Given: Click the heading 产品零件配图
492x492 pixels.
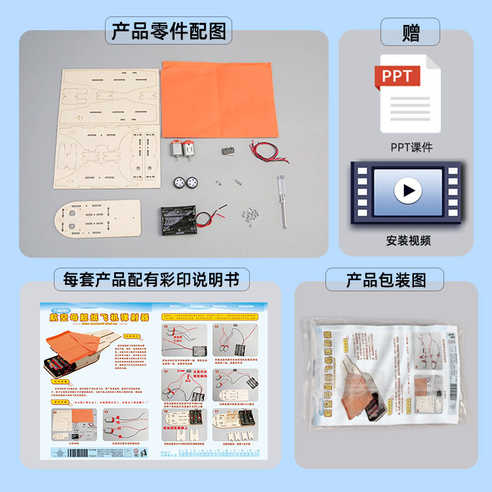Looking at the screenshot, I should point(169,31).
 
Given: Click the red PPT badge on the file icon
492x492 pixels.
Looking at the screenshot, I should point(396,76).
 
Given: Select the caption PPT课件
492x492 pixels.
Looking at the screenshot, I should point(411,147).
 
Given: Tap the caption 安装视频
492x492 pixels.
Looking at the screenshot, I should point(409,240).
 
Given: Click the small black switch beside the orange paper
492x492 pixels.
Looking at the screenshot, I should point(229,150).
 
